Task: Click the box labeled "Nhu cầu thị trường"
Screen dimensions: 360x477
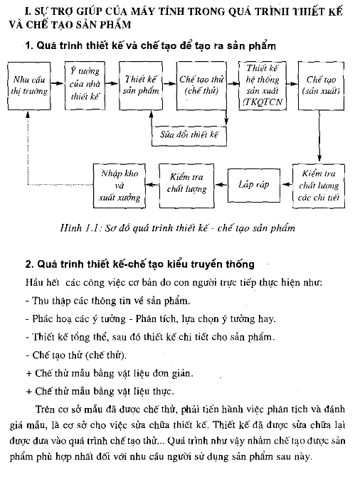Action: [29, 86]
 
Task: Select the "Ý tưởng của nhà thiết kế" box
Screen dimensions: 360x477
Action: [85, 85]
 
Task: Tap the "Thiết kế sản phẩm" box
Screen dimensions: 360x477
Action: [141, 85]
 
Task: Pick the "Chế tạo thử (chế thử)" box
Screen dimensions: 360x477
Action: [201, 85]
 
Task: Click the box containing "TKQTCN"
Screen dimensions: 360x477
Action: [263, 85]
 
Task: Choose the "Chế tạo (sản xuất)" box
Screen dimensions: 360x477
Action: [321, 85]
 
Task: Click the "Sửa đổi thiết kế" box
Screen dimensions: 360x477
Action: [189, 136]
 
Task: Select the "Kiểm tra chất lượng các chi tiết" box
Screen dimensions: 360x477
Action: [319, 186]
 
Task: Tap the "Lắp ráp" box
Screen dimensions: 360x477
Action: [254, 186]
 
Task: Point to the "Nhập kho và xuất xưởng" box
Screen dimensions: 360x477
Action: [120, 186]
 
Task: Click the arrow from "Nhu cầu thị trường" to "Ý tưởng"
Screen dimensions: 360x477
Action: [58, 83]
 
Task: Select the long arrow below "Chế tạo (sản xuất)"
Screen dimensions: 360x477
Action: [319, 136]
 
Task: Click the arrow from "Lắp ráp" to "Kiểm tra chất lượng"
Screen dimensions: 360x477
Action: [221, 184]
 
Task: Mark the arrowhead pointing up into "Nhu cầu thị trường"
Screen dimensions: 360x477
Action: [28, 114]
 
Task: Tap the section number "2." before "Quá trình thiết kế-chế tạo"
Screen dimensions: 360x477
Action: [30, 264]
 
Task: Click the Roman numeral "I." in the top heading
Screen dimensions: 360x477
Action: [28, 11]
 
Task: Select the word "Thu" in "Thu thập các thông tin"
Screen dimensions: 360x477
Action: [41, 301]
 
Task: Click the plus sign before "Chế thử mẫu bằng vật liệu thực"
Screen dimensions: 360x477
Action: [29, 391]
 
